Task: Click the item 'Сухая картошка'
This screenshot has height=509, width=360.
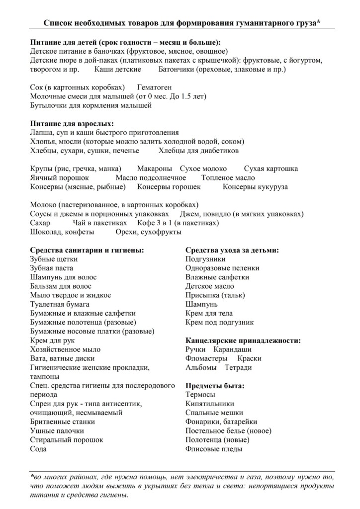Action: pyautogui.click(x=271, y=169)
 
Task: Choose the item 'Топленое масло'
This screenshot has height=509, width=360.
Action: pyautogui.click(x=228, y=177)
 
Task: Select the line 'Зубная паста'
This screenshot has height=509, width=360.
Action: pyautogui.click(x=50, y=268)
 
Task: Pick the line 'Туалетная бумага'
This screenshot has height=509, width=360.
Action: pyautogui.click(x=60, y=304)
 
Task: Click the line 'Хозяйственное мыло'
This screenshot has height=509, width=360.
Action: pyautogui.click(x=65, y=349)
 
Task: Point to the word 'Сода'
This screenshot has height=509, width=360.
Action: pyautogui.click(x=38, y=449)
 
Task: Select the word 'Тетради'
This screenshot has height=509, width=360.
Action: pyautogui.click(x=238, y=368)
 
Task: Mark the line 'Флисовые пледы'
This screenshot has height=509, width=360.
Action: pyautogui.click(x=214, y=449)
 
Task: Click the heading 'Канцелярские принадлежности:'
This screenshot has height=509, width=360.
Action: pyautogui.click(x=243, y=340)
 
